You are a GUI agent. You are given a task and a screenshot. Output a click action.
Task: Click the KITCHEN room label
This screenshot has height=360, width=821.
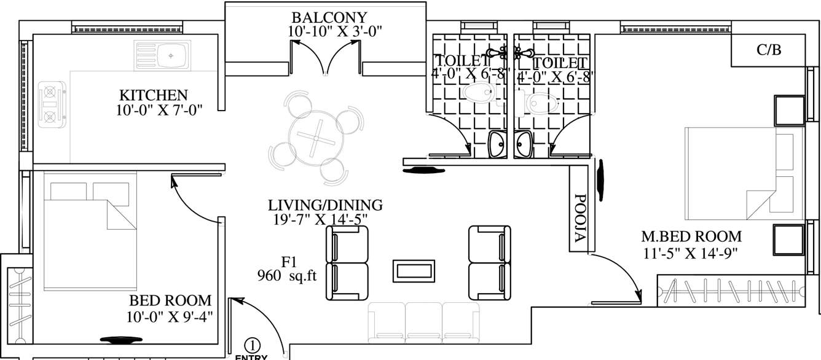click(153, 95)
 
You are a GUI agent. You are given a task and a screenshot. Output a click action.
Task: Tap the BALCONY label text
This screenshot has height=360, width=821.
click(329, 17)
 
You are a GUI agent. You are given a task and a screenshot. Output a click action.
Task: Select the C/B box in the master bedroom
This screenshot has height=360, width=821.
click(768, 50)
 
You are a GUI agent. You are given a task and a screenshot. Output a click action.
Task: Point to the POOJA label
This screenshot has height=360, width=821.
click(579, 220)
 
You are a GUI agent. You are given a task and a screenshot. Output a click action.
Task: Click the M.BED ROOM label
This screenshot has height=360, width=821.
click(691, 236)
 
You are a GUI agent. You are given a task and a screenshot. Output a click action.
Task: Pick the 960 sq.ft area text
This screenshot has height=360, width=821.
click(287, 276)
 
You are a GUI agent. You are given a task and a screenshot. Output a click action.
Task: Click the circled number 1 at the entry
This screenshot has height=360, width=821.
click(252, 345)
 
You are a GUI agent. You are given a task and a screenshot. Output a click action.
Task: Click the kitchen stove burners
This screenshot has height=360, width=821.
click(48, 104)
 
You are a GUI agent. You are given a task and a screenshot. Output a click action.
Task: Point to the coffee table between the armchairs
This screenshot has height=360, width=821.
click(414, 270)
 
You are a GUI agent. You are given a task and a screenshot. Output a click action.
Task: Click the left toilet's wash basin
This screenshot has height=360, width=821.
click(496, 146)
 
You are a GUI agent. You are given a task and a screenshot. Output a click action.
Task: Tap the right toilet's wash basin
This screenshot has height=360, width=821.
click(524, 146)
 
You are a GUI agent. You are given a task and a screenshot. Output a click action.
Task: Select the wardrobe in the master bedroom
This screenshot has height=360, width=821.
click(731, 291)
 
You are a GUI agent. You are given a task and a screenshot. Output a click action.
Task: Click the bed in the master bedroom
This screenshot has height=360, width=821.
click(744, 173)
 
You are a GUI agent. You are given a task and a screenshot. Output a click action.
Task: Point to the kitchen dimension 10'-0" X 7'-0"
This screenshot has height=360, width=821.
click(159, 110)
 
